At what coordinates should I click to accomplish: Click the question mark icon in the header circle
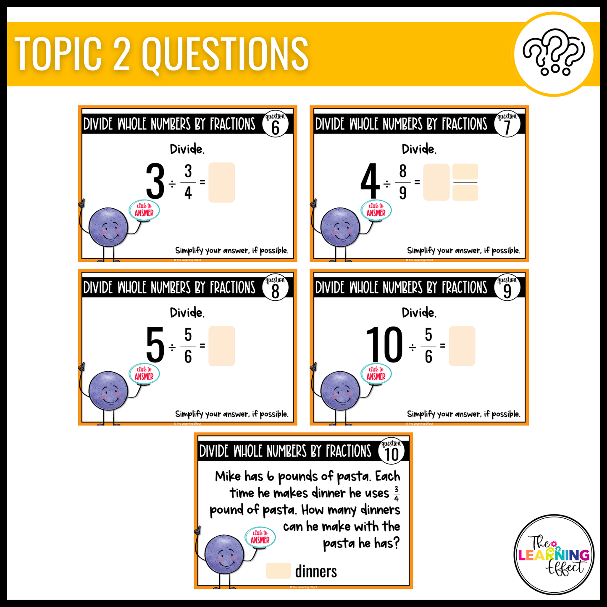(554, 53)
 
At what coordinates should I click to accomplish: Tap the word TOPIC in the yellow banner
(58, 54)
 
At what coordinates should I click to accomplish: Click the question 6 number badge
(276, 124)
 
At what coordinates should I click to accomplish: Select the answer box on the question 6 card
(221, 183)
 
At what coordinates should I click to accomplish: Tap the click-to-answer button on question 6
(144, 210)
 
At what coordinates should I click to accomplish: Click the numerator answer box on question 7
(465, 172)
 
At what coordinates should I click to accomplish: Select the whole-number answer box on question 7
(436, 182)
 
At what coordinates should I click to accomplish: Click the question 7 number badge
(507, 124)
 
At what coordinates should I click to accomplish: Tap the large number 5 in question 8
(155, 346)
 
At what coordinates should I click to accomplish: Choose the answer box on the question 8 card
(221, 346)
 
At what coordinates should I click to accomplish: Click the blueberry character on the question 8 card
(108, 391)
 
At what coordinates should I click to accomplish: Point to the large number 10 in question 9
(384, 346)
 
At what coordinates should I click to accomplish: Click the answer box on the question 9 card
(462, 346)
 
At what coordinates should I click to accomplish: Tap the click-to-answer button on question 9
(376, 373)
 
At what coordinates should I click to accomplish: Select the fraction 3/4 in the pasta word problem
(396, 494)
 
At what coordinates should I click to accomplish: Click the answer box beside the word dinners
(278, 571)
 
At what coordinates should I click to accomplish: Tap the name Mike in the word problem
(228, 476)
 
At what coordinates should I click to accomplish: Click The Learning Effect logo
(554, 555)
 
